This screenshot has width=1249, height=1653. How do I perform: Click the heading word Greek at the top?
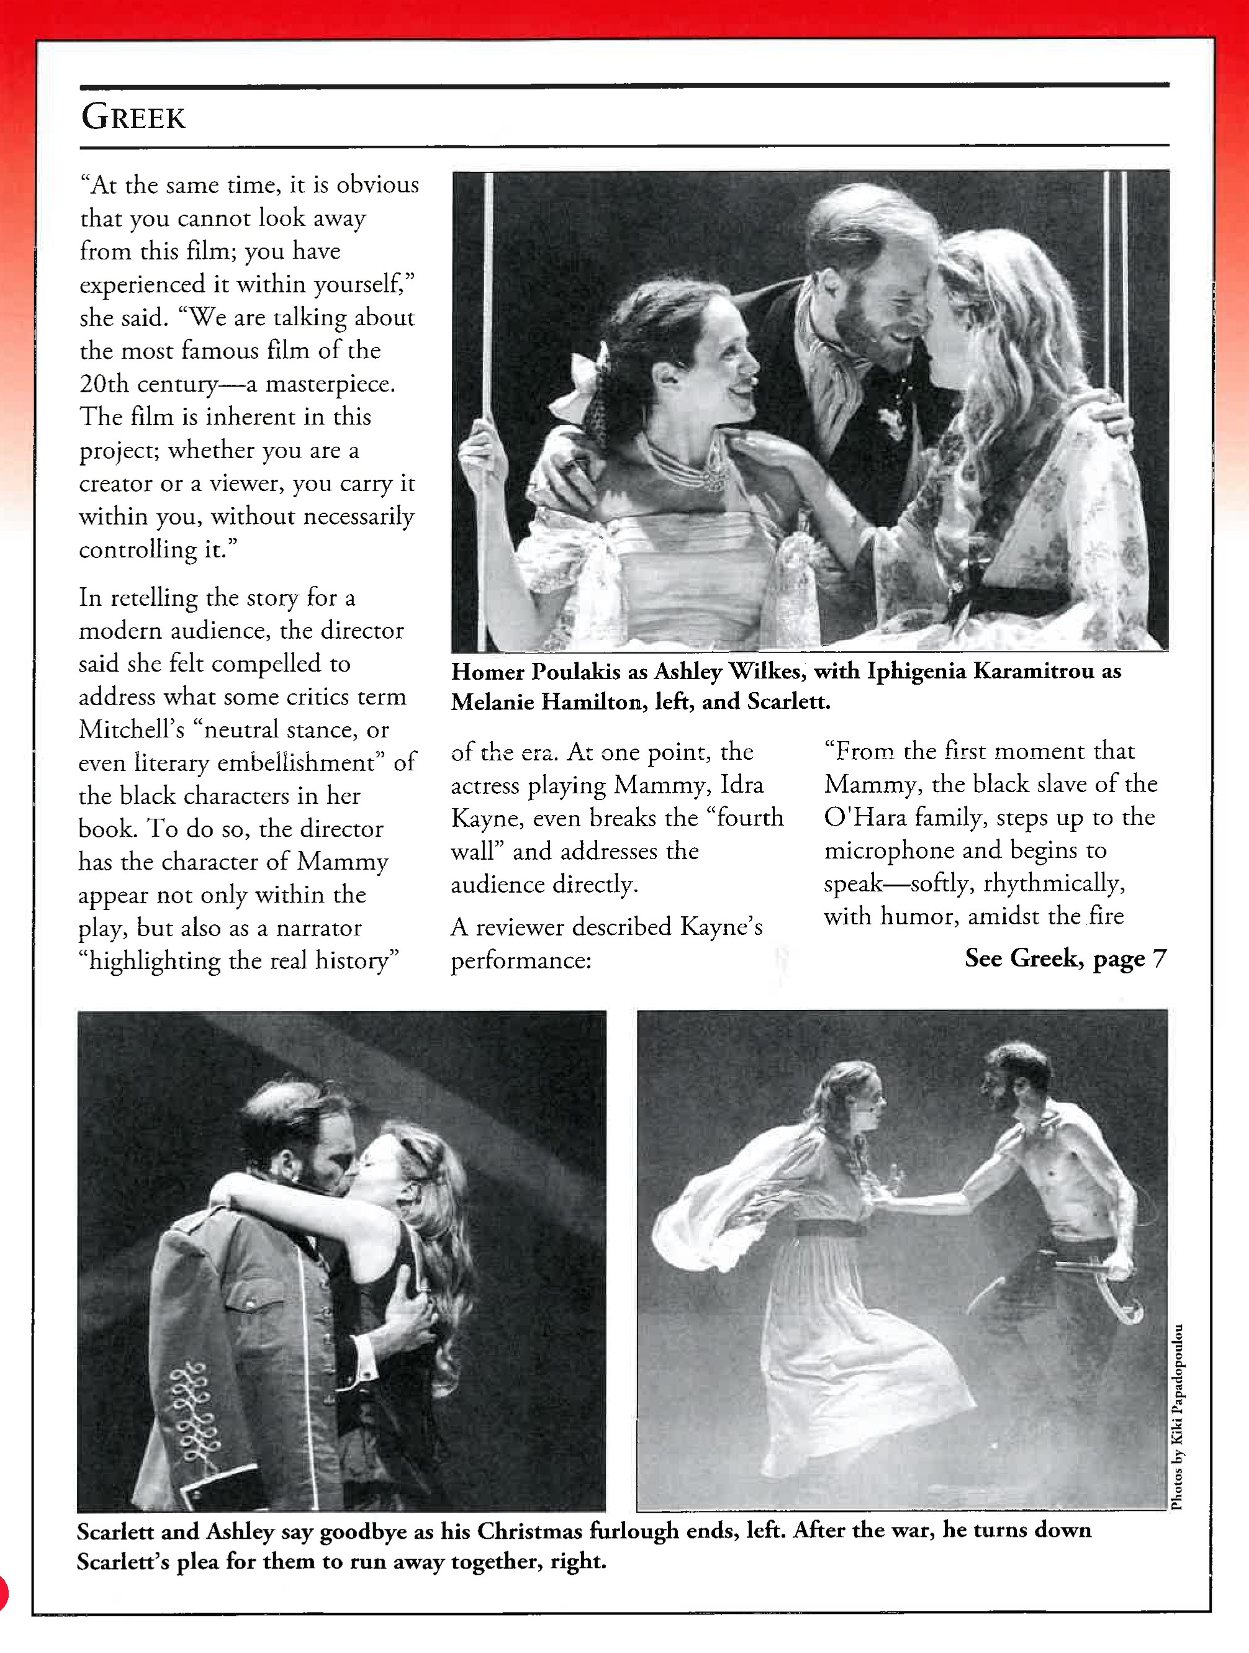tap(133, 117)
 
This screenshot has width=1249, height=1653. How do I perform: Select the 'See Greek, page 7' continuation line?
tap(1065, 958)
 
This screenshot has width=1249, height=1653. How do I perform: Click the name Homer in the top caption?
tap(488, 672)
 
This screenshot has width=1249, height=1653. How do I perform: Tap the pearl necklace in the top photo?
tap(692, 467)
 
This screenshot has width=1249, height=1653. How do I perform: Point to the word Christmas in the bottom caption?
tap(529, 1531)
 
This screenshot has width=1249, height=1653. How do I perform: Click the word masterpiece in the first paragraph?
tap(330, 384)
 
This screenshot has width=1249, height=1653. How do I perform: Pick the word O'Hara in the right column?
tap(864, 817)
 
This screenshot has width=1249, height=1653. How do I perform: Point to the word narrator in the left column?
tap(319, 928)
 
